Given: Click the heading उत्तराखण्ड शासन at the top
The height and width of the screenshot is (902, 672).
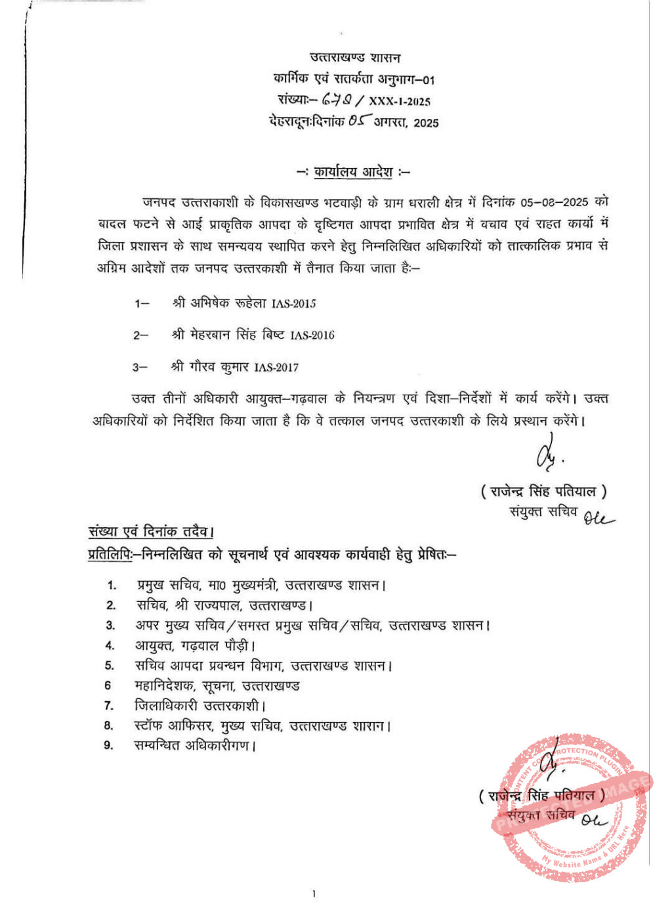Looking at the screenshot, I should [355, 58].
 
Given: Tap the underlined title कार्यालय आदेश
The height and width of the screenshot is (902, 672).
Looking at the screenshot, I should [353, 172].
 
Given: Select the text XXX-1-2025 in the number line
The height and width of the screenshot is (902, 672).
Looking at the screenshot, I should [400, 101].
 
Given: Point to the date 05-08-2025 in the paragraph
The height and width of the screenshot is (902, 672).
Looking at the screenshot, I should [555, 202].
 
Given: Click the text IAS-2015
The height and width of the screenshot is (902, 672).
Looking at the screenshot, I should [293, 303].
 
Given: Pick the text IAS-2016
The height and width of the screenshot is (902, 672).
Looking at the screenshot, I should [312, 335].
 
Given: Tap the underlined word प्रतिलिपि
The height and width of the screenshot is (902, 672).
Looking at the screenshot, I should [109, 555].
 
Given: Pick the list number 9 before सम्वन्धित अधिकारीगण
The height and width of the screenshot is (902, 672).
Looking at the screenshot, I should [108, 745].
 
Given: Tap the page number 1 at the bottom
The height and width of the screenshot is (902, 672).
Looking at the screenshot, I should [314, 893].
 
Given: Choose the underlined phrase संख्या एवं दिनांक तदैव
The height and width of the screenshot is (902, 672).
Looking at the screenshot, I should [151, 531].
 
